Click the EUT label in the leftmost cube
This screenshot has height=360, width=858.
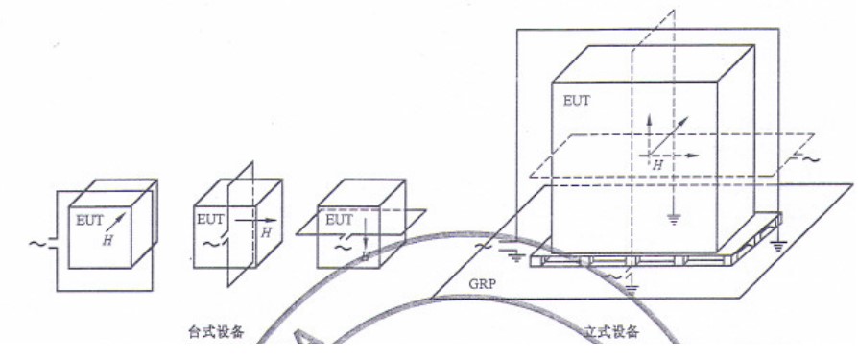point(89,220)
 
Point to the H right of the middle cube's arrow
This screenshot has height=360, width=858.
point(265,233)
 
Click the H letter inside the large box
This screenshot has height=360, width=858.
point(658,165)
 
